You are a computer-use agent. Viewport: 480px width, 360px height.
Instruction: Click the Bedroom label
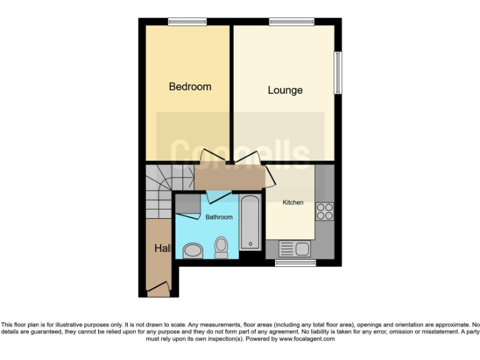click(x=190, y=87)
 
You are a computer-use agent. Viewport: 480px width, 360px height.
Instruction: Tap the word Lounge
click(x=285, y=91)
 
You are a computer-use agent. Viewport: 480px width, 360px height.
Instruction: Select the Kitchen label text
click(x=293, y=202)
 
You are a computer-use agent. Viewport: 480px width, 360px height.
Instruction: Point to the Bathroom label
click(x=219, y=217)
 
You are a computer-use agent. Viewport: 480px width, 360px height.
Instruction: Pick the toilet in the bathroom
click(x=221, y=247)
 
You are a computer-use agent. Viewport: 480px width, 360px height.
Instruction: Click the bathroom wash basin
click(x=193, y=251)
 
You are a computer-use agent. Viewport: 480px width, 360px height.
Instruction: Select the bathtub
click(x=250, y=222)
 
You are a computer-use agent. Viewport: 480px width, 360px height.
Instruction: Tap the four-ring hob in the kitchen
click(x=325, y=212)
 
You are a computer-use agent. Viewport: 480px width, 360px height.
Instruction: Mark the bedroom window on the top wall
click(x=187, y=22)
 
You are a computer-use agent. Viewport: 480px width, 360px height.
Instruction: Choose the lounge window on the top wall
click(x=291, y=22)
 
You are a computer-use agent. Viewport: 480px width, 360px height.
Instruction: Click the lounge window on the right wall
click(x=338, y=73)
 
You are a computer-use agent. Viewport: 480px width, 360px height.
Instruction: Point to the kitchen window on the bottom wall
click(x=295, y=263)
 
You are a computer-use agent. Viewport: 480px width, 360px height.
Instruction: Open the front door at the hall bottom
click(x=159, y=288)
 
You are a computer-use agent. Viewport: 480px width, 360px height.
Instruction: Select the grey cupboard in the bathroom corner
click(x=188, y=204)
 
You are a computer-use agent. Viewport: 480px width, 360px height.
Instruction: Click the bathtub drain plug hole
click(x=250, y=243)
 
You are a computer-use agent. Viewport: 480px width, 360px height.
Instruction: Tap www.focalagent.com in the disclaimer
click(x=306, y=339)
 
